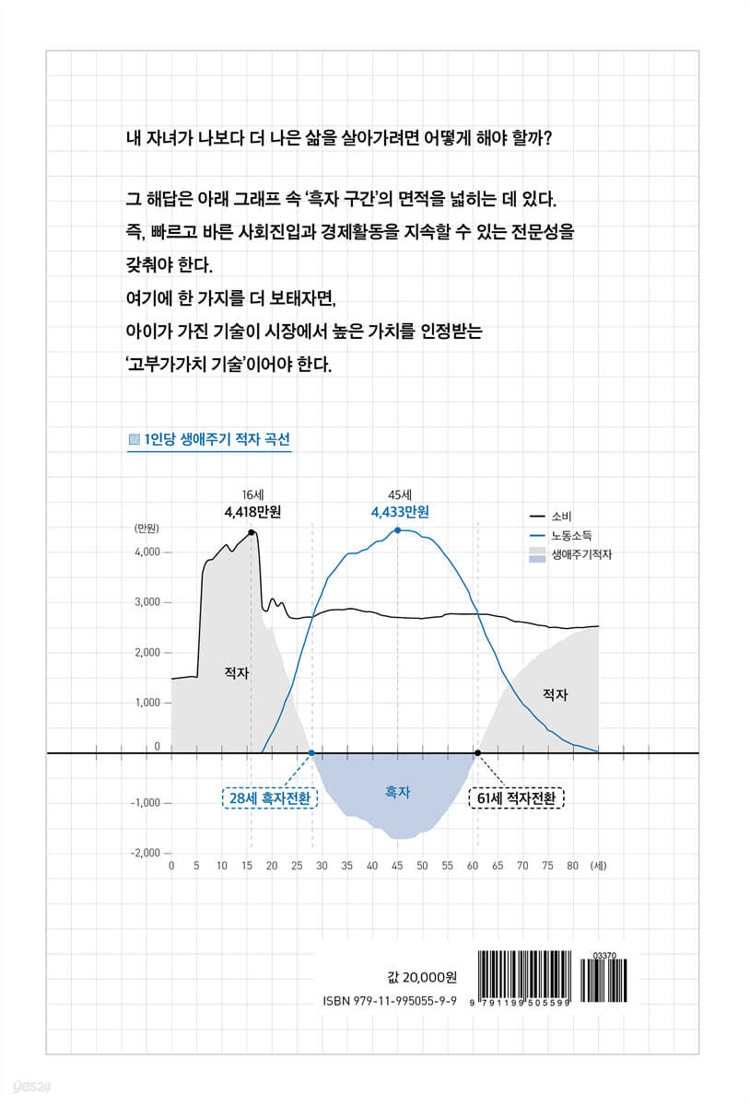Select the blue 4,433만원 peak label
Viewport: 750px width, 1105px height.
(x=400, y=512)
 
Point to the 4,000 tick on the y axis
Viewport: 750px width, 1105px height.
(x=147, y=552)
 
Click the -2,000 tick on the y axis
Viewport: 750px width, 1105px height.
(x=146, y=854)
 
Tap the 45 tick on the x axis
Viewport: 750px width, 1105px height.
(x=397, y=867)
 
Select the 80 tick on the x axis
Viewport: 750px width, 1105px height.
(x=572, y=867)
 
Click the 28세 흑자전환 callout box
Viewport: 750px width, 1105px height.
(x=270, y=797)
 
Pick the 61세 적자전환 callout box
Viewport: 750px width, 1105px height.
(x=516, y=797)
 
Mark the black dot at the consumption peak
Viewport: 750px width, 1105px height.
(x=252, y=531)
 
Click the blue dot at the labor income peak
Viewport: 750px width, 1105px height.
(x=397, y=530)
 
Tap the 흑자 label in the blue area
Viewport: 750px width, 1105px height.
(x=398, y=791)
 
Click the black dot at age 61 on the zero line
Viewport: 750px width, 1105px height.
(x=477, y=753)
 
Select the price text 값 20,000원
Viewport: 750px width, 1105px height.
(x=430, y=977)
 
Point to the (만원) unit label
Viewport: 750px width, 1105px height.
(x=147, y=529)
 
